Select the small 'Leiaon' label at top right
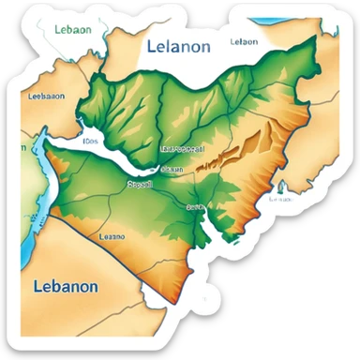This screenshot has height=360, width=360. (244, 41)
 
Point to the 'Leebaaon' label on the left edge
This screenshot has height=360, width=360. (46, 95)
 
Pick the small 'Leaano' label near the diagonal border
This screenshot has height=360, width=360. (112, 237)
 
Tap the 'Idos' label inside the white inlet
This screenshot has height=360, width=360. (90, 142)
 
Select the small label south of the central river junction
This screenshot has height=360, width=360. (195, 206)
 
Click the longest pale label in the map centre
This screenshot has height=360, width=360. (185, 148)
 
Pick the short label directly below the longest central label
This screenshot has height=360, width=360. (172, 169)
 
